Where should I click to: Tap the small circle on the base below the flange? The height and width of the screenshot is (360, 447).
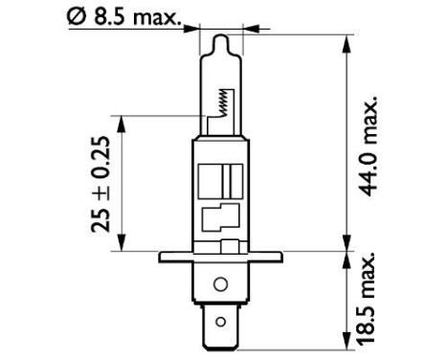tap(220, 284)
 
